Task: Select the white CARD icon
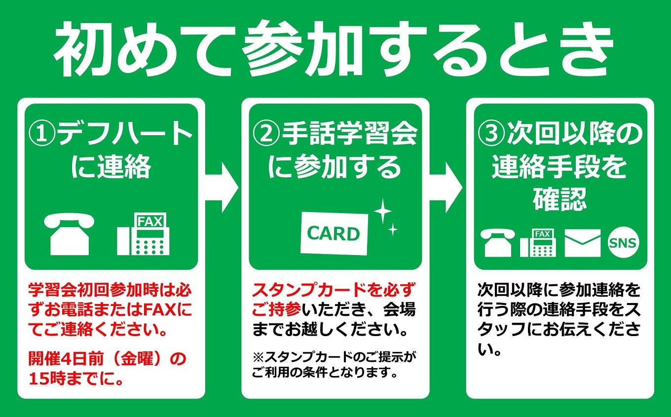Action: point(334,233)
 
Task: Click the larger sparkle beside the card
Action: point(382,211)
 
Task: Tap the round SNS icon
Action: point(623,243)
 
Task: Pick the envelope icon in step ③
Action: point(582,243)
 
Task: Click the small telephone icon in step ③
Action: point(499,243)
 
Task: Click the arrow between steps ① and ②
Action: point(222,188)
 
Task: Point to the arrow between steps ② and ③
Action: point(446,188)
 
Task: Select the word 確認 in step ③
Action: point(559,200)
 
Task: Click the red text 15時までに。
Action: point(76,379)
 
